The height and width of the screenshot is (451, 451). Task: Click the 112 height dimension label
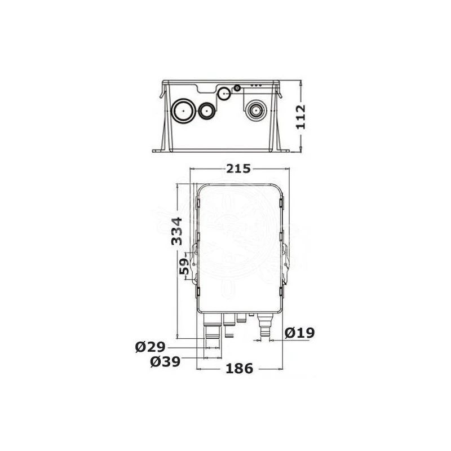301,117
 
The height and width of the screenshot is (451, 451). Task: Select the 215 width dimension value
238,169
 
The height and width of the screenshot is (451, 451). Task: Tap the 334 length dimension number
176,231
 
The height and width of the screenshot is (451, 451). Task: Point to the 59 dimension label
184,266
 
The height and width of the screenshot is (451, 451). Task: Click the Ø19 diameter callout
300,333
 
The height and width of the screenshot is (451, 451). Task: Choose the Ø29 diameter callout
150,347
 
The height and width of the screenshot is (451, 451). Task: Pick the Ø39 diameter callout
165,361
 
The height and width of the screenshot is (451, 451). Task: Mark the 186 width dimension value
239,369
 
